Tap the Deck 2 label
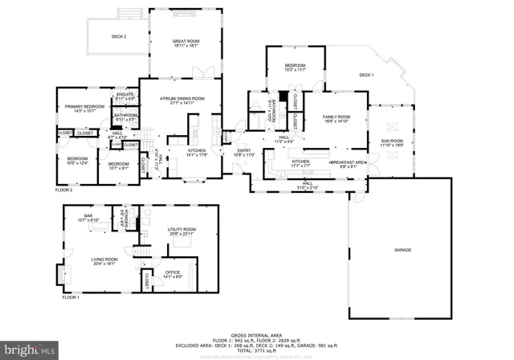point(118,37)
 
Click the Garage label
point(402,250)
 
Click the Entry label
point(244,152)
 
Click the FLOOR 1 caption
point(72,297)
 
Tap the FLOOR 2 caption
point(63,190)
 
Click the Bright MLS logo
point(30,350)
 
